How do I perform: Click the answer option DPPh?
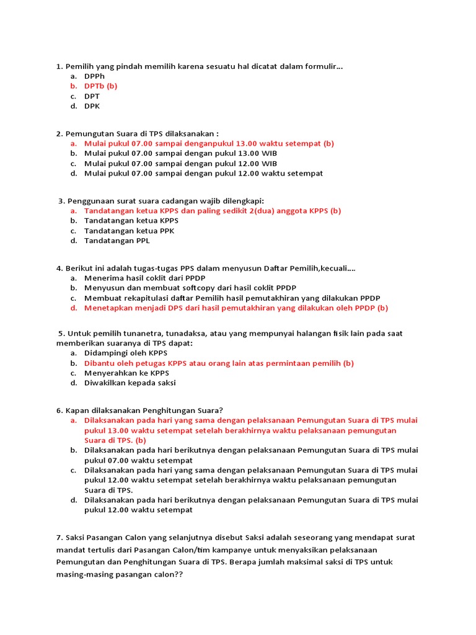point(94,76)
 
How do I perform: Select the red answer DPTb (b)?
point(100,86)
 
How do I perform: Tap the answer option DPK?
point(92,106)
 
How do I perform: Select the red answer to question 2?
point(209,143)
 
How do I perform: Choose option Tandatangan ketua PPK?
point(129,231)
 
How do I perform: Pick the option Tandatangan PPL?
point(117,241)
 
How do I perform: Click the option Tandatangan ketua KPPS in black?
point(131,221)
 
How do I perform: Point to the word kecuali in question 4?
point(334,268)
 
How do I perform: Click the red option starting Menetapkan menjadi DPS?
point(236,308)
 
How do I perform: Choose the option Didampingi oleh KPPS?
point(126,353)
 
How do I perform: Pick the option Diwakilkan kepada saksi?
point(130,383)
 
